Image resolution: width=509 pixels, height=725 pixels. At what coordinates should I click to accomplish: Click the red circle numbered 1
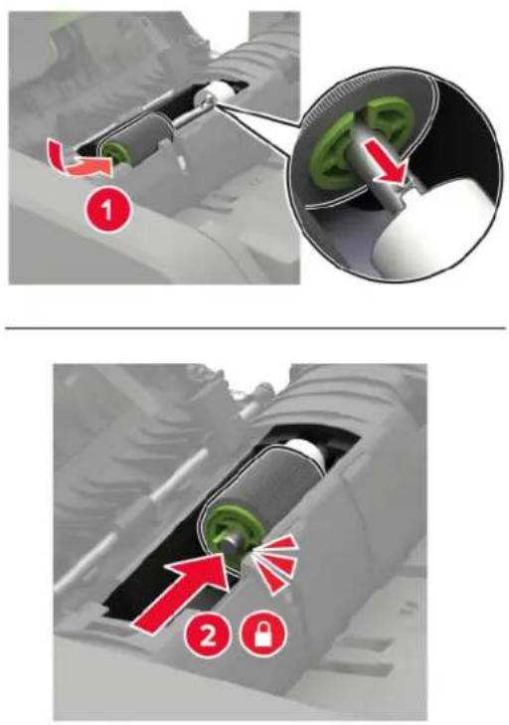coord(107,211)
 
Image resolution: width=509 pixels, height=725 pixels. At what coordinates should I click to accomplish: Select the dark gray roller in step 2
coord(262,485)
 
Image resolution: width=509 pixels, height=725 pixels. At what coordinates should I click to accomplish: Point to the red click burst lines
coord(274,565)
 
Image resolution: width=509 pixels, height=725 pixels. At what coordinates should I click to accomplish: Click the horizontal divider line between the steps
coord(254,328)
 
